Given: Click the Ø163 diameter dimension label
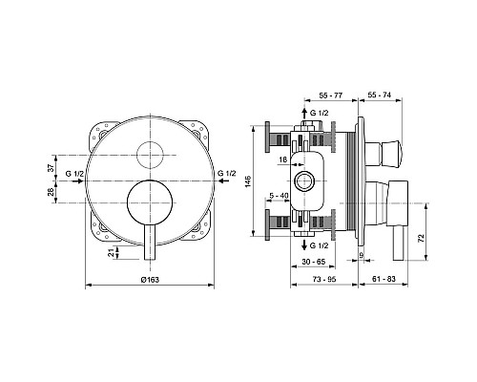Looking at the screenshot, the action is (x=150, y=280).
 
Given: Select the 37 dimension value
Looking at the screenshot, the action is (x=50, y=168).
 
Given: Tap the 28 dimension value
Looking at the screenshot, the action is (x=50, y=192).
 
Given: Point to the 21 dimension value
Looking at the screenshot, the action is (x=111, y=253).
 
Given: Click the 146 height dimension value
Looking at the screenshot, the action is (x=248, y=180).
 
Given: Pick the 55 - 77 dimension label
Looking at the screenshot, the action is (x=331, y=95).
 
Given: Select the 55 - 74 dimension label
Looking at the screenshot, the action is (x=380, y=95).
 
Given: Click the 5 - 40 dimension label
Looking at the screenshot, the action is (x=279, y=196).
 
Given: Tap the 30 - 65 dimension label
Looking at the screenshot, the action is (x=314, y=262).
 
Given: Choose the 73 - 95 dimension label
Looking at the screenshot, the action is (x=324, y=279).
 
